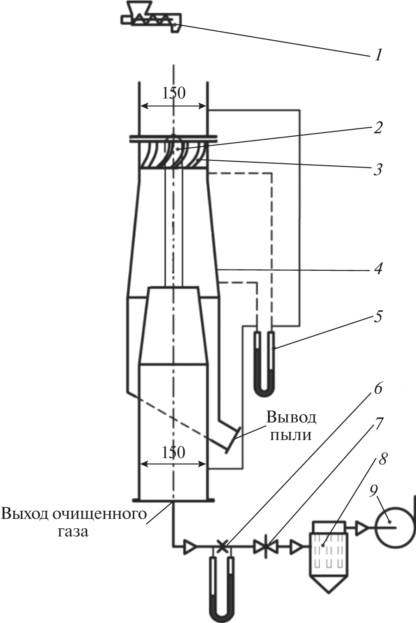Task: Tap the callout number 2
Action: click(x=377, y=128)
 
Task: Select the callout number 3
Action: click(x=377, y=169)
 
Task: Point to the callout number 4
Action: click(x=378, y=269)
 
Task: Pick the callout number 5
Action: click(x=378, y=317)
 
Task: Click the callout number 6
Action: click(x=378, y=388)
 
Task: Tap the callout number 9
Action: click(x=374, y=491)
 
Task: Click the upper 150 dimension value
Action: click(x=174, y=93)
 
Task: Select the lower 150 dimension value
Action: click(x=173, y=452)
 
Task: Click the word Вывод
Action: click(x=291, y=417)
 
